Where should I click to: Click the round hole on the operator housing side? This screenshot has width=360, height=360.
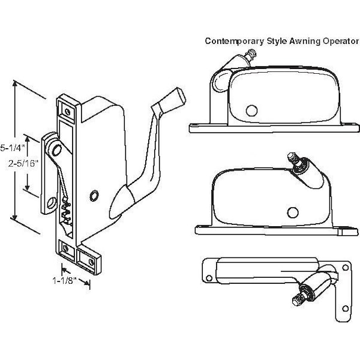(x=94, y=196)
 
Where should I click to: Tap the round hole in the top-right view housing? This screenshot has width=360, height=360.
(x=251, y=110)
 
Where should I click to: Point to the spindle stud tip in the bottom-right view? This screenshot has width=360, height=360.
(x=298, y=298)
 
